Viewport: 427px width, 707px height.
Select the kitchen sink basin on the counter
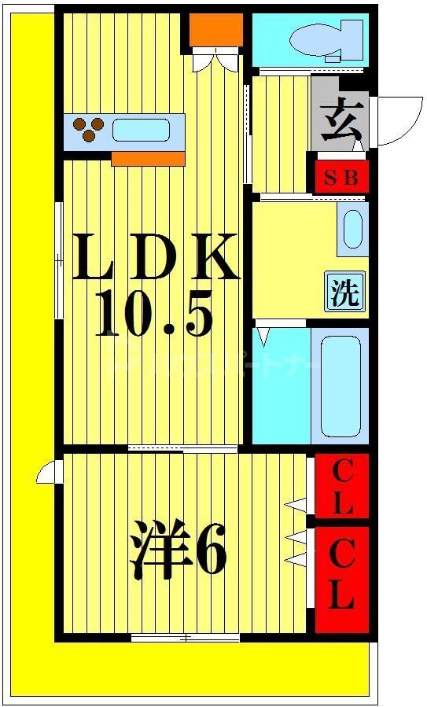pyautogui.click(x=142, y=130)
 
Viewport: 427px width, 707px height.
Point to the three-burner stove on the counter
pyautogui.click(x=89, y=130)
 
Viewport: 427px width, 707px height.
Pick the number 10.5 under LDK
pyautogui.click(x=155, y=313)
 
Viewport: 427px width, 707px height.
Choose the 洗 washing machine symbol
pyautogui.click(x=344, y=292)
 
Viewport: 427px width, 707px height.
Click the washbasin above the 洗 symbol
pyautogui.click(x=352, y=228)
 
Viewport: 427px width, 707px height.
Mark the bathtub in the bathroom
pyautogui.click(x=339, y=385)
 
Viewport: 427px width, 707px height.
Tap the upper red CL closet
pyautogui.click(x=342, y=487)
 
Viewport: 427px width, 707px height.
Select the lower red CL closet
pyautogui.click(x=342, y=578)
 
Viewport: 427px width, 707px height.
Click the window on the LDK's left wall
pyautogui.click(x=59, y=260)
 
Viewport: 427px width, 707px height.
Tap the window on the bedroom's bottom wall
pyautogui.click(x=186, y=638)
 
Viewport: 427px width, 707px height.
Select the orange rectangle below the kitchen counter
pyautogui.click(x=148, y=159)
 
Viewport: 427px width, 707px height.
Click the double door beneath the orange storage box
pyautogui.click(x=215, y=61)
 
